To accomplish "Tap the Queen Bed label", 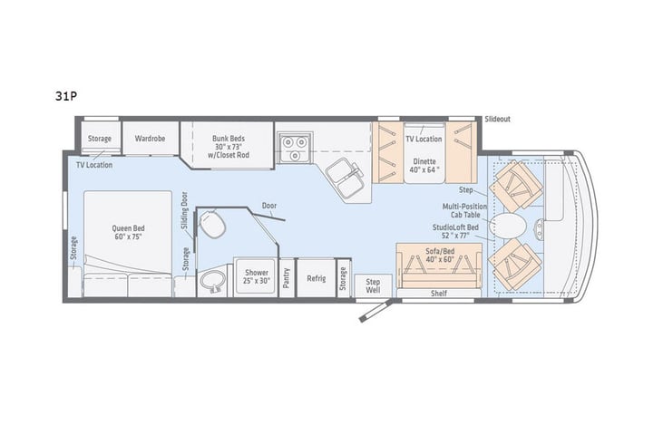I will pyautogui.click(x=131, y=233).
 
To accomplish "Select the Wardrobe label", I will pyautogui.click(x=150, y=139).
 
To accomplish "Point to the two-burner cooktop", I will pyautogui.click(x=294, y=145).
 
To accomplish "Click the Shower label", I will pyautogui.click(x=253, y=275).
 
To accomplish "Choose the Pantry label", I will pyautogui.click(x=286, y=279).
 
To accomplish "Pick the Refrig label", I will pyautogui.click(x=316, y=279).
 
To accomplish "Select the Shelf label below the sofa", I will pyautogui.click(x=440, y=294).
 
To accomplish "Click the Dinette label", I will pyautogui.click(x=423, y=164).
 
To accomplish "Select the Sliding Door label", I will pyautogui.click(x=184, y=212).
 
